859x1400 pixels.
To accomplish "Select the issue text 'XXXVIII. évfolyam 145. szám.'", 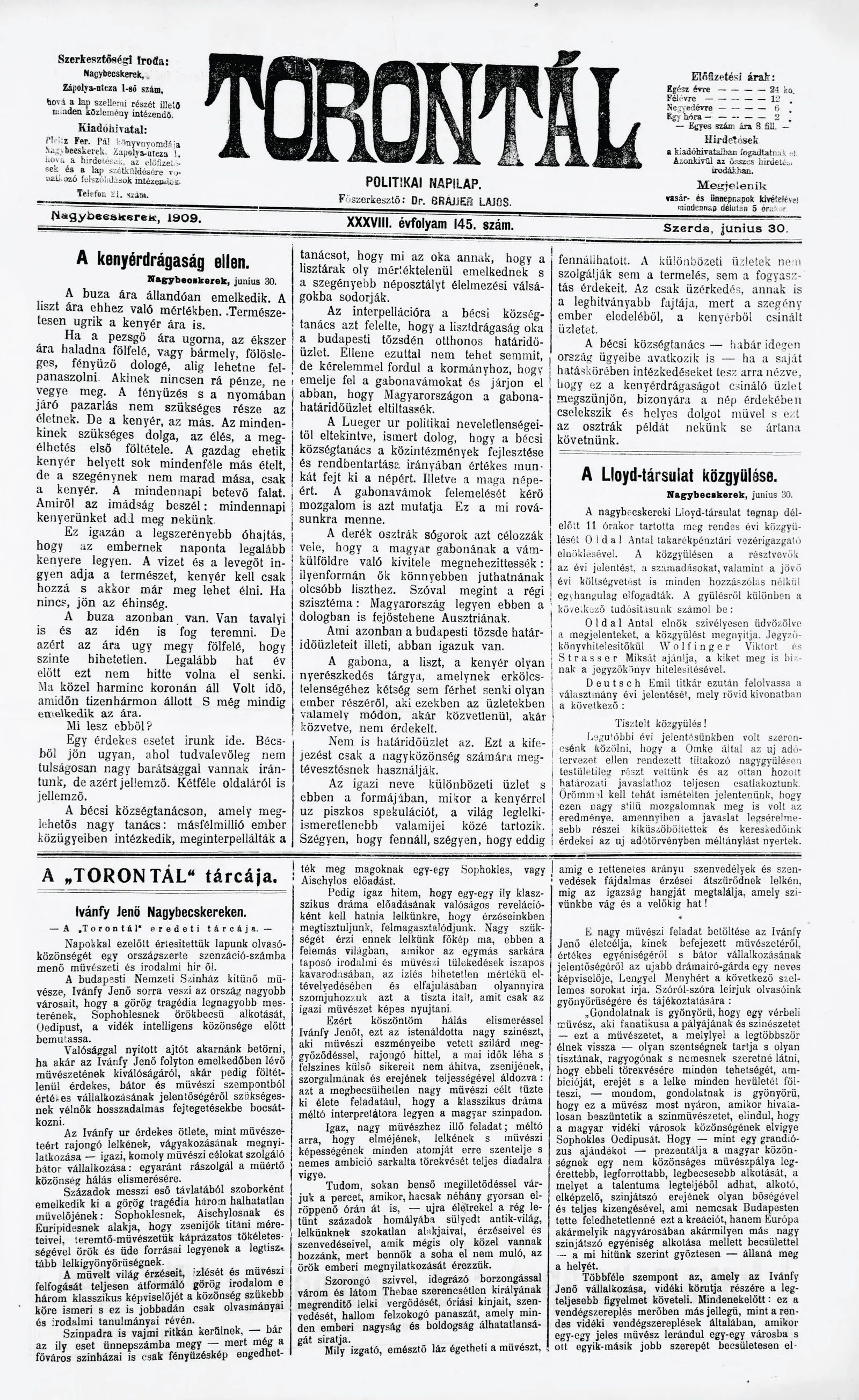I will point(430,224).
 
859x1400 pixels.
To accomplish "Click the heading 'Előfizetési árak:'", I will point(733,77).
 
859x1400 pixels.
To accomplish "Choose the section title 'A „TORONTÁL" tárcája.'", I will point(160,877).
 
